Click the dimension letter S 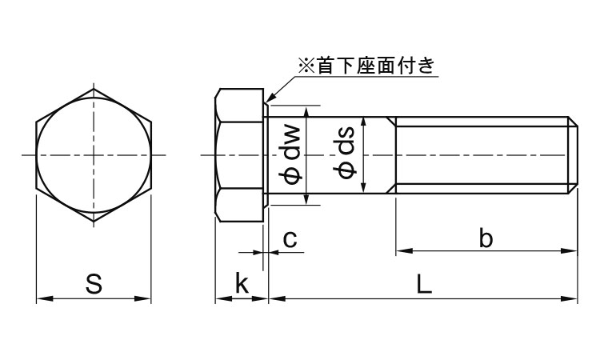(x=94, y=283)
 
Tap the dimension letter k (x=241, y=283)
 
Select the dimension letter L (x=424, y=283)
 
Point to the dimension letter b (x=486, y=238)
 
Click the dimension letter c (x=290, y=238)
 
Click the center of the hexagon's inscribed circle (x=94, y=154)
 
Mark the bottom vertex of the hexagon (x=94, y=220)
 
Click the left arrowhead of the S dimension (x=41, y=299)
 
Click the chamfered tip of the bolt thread (x=573, y=154)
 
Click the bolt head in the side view (x=241, y=154)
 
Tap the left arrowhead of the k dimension (x=218, y=299)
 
